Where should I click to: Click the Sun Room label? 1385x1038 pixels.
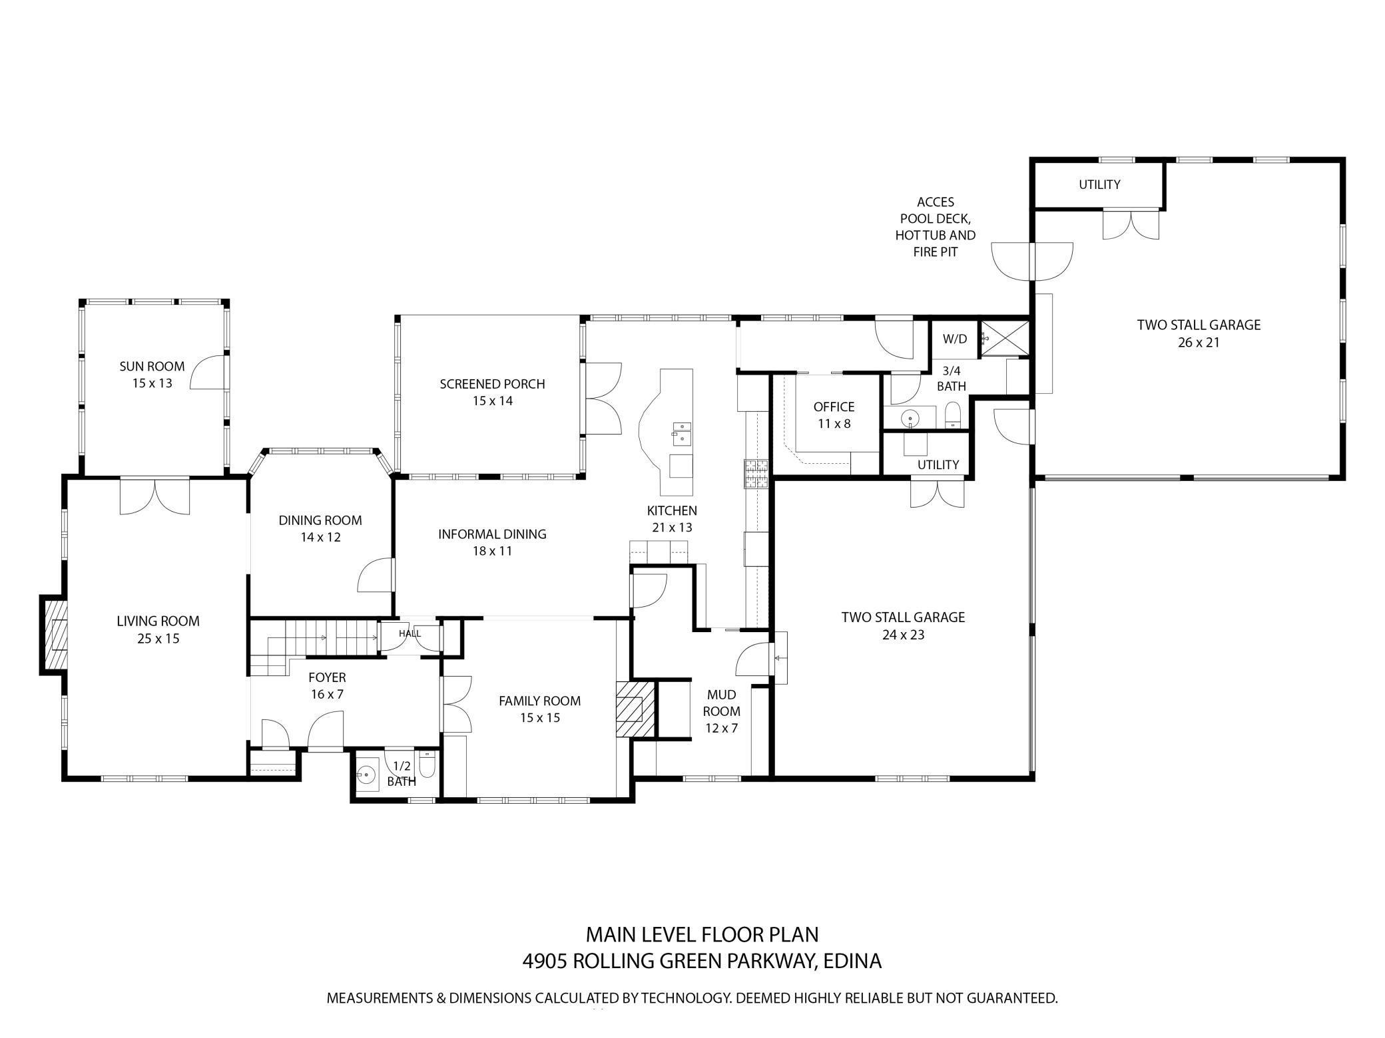152,367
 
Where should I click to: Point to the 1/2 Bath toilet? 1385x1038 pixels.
427,767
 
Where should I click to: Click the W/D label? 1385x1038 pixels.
954,339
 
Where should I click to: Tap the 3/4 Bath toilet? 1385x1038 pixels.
953,415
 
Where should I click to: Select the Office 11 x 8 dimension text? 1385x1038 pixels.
834,424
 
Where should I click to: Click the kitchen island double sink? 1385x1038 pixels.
681,432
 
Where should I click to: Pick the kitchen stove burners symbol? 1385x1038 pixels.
756,474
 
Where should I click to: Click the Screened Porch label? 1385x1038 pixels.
492,384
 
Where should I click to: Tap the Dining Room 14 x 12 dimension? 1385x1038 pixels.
320,537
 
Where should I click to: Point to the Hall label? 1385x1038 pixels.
410,633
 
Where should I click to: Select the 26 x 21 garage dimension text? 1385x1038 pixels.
1198,343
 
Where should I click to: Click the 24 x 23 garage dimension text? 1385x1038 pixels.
903,635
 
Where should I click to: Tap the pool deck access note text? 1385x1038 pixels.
935,227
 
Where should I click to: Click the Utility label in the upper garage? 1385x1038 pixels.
1099,184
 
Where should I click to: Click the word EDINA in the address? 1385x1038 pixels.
852,961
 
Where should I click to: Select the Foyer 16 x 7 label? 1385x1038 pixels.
327,686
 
